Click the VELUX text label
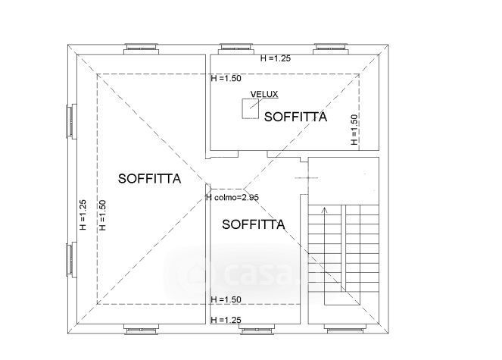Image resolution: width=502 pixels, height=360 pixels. pos(264,94)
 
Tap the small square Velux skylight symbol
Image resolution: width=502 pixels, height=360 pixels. pos(251,108)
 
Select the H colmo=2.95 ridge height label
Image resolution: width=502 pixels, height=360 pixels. pos(232,198)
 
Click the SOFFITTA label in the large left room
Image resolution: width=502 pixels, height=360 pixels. pos(149,179)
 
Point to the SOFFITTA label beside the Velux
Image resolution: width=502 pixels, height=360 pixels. pos(295,117)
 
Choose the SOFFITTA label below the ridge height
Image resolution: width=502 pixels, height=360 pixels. pos(253,224)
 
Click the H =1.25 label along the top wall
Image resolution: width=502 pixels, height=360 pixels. pos(276,58)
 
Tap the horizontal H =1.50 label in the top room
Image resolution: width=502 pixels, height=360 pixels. pos(226,78)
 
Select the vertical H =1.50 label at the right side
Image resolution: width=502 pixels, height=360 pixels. pos(354,130)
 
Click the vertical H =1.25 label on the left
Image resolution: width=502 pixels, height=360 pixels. pos(83,215)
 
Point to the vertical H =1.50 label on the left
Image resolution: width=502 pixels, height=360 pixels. pos(102,215)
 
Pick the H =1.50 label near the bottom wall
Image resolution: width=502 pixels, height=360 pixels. pos(226,299)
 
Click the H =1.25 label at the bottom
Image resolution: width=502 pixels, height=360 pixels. pos(226,320)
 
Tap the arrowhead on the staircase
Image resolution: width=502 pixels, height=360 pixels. pos(325,210)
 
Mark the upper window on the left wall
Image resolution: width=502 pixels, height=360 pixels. pos(72,121)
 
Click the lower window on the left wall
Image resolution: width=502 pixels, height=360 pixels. pos(72,259)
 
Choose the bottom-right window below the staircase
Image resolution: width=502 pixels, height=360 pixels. pos(345,329)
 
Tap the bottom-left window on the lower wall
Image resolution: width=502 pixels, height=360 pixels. pos(141,329)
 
